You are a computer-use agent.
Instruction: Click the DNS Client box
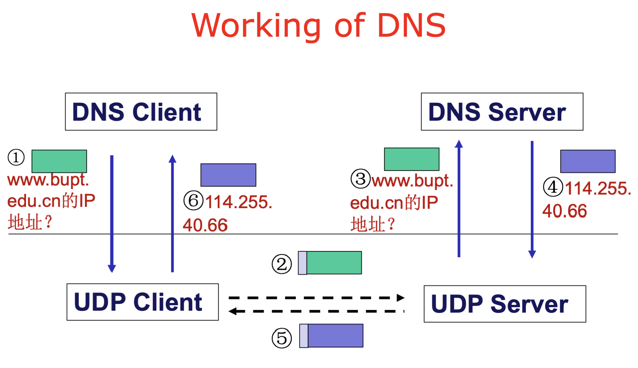click(141, 112)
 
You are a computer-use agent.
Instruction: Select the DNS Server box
click(502, 112)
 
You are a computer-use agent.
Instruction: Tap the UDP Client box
click(143, 302)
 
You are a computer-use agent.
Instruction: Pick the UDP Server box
click(505, 304)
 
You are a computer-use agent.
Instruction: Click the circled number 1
click(16, 157)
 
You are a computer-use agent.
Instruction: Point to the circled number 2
click(282, 264)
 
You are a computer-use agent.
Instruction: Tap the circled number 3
click(360, 179)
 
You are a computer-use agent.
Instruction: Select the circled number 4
click(553, 187)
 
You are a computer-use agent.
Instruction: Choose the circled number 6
click(193, 200)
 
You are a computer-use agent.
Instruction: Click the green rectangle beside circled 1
click(59, 161)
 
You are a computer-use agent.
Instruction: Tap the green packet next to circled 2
click(330, 263)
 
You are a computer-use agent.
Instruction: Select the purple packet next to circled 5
click(331, 336)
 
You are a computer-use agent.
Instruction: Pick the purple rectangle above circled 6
click(228, 175)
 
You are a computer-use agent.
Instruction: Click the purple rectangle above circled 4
click(588, 161)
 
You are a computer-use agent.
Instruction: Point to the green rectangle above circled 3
click(412, 159)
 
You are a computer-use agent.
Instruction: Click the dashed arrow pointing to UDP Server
click(317, 298)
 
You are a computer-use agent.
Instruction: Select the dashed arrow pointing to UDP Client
click(316, 311)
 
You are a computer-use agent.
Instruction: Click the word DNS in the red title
click(412, 25)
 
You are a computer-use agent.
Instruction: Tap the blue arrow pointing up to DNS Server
click(459, 198)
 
